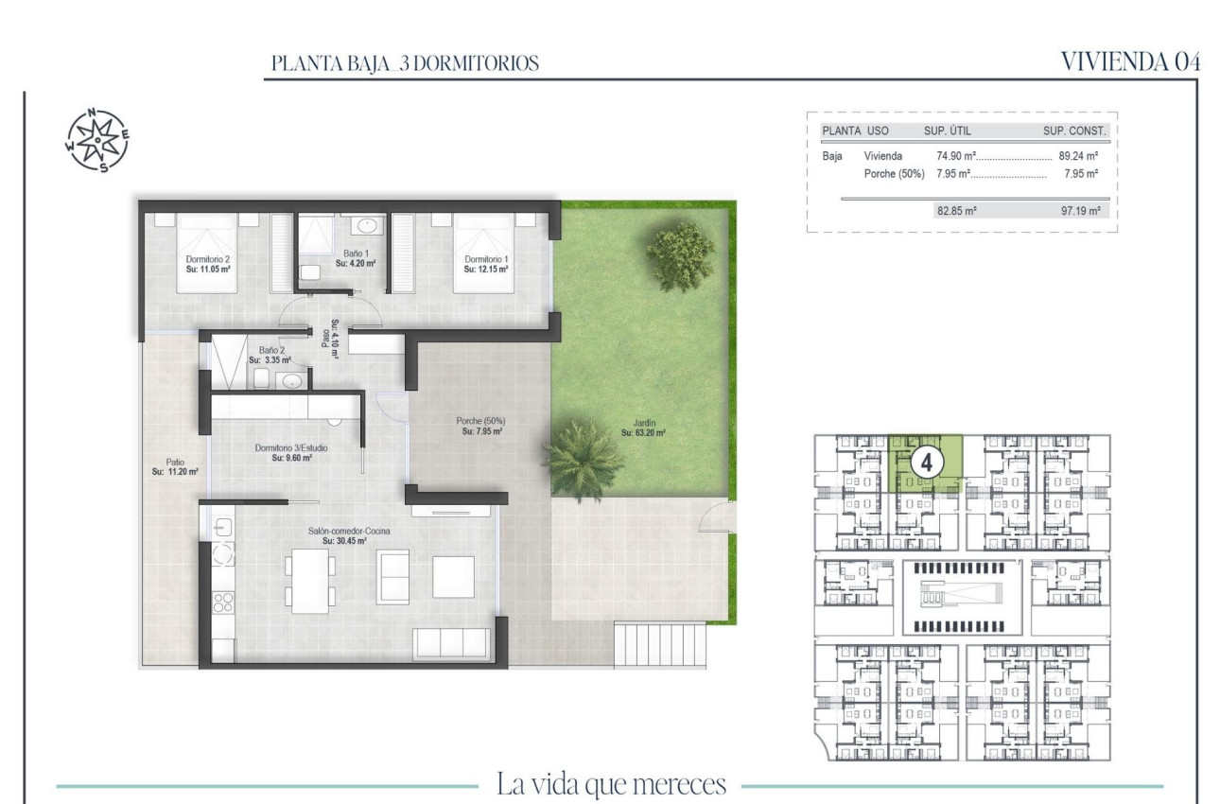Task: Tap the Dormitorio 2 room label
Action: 209,263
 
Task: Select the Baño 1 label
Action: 356,258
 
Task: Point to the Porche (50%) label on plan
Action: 481,426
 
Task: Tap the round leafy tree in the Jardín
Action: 680,254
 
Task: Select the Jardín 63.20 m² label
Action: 643,428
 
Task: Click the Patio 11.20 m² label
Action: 174,467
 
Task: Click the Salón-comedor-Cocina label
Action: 343,536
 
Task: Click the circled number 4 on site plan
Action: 929,463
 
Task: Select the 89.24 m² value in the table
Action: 1082,156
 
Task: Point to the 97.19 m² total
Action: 1080,213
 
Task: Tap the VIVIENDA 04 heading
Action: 1130,62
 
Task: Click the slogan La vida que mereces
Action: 611,784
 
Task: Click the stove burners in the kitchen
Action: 223,603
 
